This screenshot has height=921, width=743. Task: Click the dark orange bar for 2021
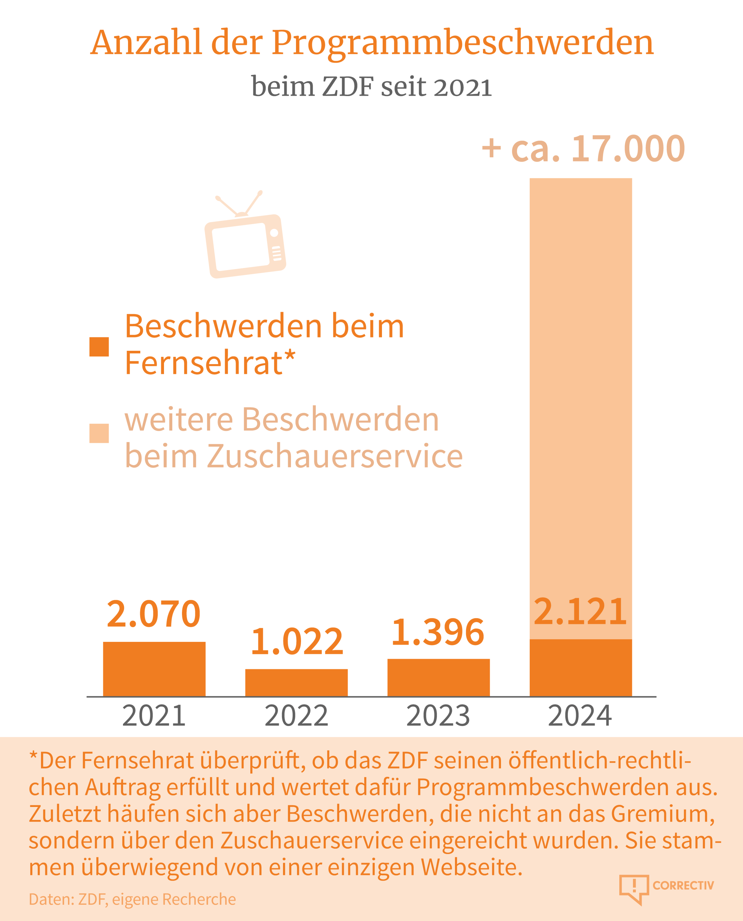pos(154,669)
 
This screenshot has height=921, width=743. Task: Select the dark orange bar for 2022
pos(296,682)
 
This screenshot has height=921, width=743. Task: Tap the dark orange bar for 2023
pos(438,677)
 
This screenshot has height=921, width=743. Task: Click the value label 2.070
pos(154,614)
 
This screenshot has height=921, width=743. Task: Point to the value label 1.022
pos(297,641)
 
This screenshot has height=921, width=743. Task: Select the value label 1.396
pos(438,632)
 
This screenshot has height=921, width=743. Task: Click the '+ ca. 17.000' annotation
pos(583,149)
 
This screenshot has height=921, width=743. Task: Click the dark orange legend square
pos(99,347)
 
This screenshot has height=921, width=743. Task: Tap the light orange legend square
pos(99,433)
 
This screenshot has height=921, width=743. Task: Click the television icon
pos(245,238)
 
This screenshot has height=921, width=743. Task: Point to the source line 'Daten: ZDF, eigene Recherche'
pos(132,899)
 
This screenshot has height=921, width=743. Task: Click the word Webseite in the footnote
pos(471,867)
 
